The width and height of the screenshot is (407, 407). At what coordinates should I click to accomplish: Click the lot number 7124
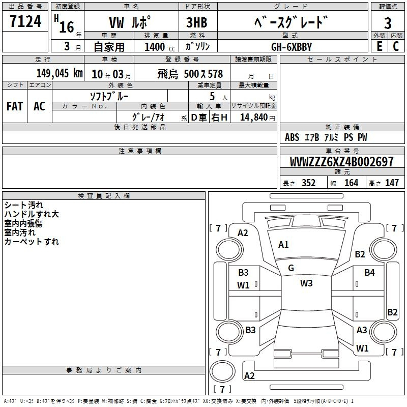click(25, 21)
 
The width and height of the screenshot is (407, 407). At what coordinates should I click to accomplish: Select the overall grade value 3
click(388, 23)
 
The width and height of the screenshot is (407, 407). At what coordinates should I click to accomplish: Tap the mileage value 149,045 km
click(60, 73)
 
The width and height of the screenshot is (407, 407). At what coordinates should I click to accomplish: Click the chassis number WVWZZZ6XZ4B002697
click(341, 162)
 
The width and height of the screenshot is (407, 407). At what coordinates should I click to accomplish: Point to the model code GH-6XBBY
click(292, 47)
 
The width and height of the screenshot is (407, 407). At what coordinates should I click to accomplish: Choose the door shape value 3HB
click(197, 23)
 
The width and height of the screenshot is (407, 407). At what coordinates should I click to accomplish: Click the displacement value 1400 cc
click(160, 47)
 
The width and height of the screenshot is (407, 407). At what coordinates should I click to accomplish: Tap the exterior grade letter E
click(379, 46)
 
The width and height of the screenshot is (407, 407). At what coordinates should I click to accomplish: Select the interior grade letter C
click(396, 46)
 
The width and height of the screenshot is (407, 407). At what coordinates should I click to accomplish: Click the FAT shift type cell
click(15, 106)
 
